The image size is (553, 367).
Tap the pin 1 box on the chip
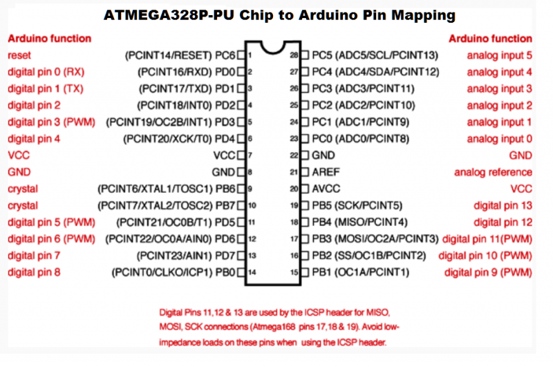click(x=241, y=55)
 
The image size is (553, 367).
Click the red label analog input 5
click(x=499, y=55)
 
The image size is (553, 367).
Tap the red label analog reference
click(x=493, y=172)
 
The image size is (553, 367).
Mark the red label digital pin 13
click(x=503, y=205)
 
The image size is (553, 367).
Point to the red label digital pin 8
click(x=34, y=272)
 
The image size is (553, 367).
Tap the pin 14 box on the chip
click(x=241, y=272)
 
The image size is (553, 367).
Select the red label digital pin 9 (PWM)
click(x=488, y=272)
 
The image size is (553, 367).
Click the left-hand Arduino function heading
click(x=49, y=39)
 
